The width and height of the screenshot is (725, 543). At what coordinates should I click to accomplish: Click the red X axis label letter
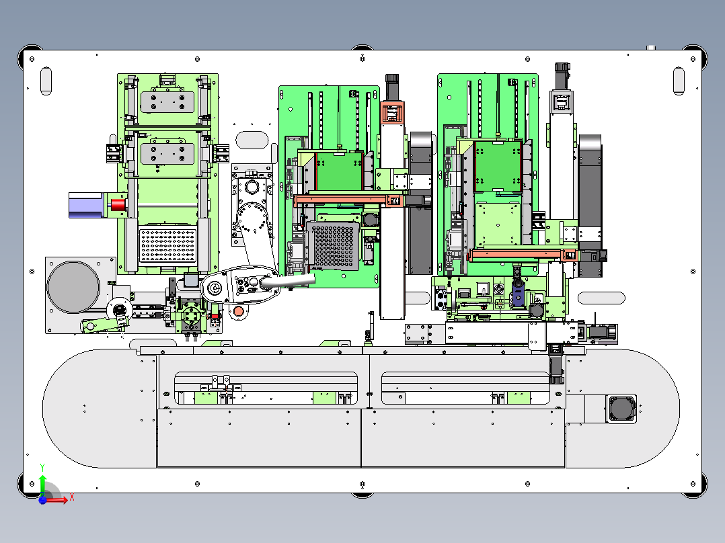click(x=72, y=497)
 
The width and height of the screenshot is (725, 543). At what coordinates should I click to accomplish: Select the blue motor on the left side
click(x=87, y=205)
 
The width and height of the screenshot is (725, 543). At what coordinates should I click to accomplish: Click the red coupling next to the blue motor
click(x=118, y=205)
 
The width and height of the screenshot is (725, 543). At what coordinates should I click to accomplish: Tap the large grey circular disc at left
click(x=73, y=286)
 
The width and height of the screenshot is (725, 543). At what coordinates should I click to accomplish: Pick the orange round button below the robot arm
click(x=238, y=311)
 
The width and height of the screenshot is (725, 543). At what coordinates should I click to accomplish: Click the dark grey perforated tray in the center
click(x=334, y=245)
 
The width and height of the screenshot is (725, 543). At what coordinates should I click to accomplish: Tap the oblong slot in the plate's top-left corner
click(x=46, y=81)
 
